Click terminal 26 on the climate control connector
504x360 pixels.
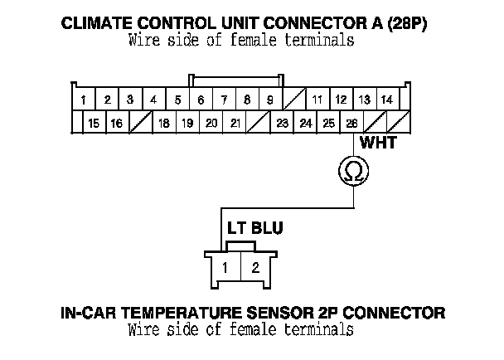[x=352, y=124]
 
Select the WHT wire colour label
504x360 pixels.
[x=379, y=144]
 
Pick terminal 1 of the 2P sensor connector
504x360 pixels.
[x=225, y=267]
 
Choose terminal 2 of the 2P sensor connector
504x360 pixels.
[x=255, y=267]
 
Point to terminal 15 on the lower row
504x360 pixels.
[x=94, y=124]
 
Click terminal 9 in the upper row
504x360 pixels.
[x=270, y=100]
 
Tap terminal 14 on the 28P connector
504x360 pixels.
[x=386, y=100]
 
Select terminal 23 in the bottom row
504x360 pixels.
[x=282, y=124]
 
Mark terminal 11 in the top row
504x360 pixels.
[x=317, y=100]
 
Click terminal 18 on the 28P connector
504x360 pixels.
[x=164, y=124]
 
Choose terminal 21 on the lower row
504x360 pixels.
[x=235, y=124]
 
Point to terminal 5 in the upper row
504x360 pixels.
[x=177, y=100]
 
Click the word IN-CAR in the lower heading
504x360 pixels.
[x=85, y=314]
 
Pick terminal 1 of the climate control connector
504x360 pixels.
[x=85, y=100]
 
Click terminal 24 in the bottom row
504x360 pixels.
[x=306, y=124]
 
